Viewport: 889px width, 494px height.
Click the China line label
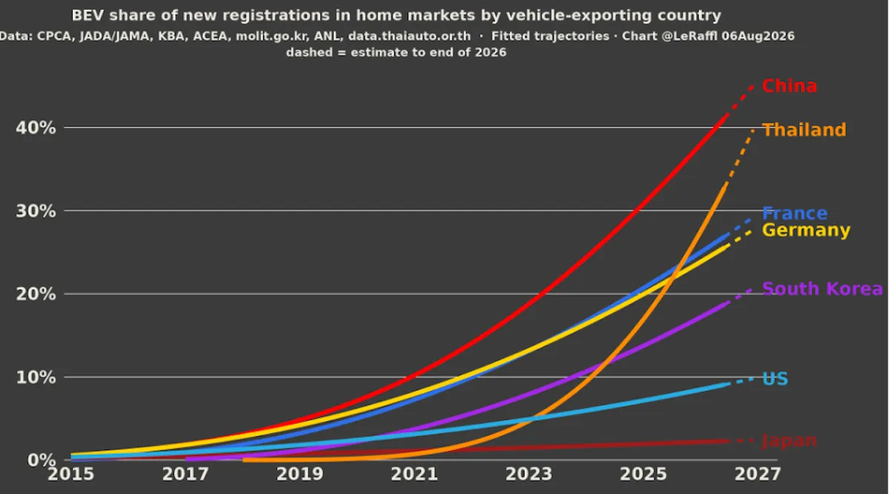[x=790, y=86]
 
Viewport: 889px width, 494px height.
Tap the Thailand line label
[x=805, y=130]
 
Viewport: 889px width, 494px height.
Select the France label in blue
[x=795, y=213]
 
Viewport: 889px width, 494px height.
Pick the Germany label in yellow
[x=806, y=230]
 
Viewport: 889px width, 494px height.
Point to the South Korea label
[x=822, y=289]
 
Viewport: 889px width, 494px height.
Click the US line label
[x=775, y=379]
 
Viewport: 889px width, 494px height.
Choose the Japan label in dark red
[x=790, y=441]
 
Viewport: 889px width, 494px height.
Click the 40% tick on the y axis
[x=36, y=128]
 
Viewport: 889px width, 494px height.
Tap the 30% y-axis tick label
[x=36, y=211]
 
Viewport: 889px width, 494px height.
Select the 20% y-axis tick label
[x=36, y=295]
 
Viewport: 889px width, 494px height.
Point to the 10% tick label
[x=36, y=377]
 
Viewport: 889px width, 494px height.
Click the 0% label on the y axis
[x=41, y=461]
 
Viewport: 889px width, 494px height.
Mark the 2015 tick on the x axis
[x=70, y=474]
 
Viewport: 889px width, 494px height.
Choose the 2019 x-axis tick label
[x=299, y=474]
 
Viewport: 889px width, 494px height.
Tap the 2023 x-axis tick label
[x=529, y=474]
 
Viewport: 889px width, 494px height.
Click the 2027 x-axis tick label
[x=758, y=474]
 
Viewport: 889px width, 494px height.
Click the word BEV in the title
[x=87, y=16]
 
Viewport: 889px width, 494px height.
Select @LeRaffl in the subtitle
[x=690, y=36]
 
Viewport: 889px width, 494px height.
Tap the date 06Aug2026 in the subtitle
[x=758, y=36]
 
